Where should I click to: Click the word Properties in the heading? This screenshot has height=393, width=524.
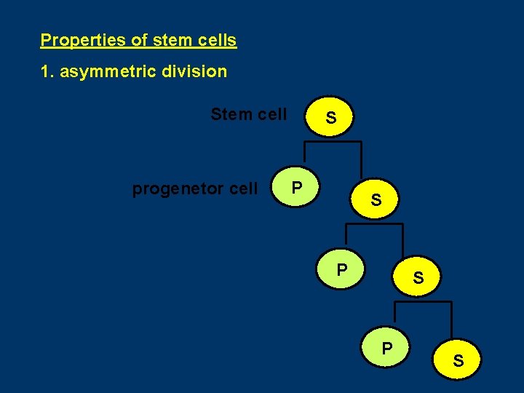click(83, 40)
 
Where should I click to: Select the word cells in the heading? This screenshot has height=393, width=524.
click(216, 40)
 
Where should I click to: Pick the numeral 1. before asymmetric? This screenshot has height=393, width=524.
click(47, 71)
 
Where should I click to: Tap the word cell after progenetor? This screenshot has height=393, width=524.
click(243, 189)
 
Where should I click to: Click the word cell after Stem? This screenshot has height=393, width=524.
click(271, 114)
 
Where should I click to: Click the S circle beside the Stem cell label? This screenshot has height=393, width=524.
click(330, 117)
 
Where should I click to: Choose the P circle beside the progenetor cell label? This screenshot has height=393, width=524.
click(296, 188)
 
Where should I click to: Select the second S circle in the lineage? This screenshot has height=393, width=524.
click(376, 199)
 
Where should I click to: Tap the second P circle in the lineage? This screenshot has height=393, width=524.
click(341, 270)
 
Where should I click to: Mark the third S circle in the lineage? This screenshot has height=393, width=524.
click(418, 277)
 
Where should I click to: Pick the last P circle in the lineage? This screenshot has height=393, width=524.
click(387, 349)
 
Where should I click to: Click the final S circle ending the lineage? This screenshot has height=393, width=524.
click(458, 360)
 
